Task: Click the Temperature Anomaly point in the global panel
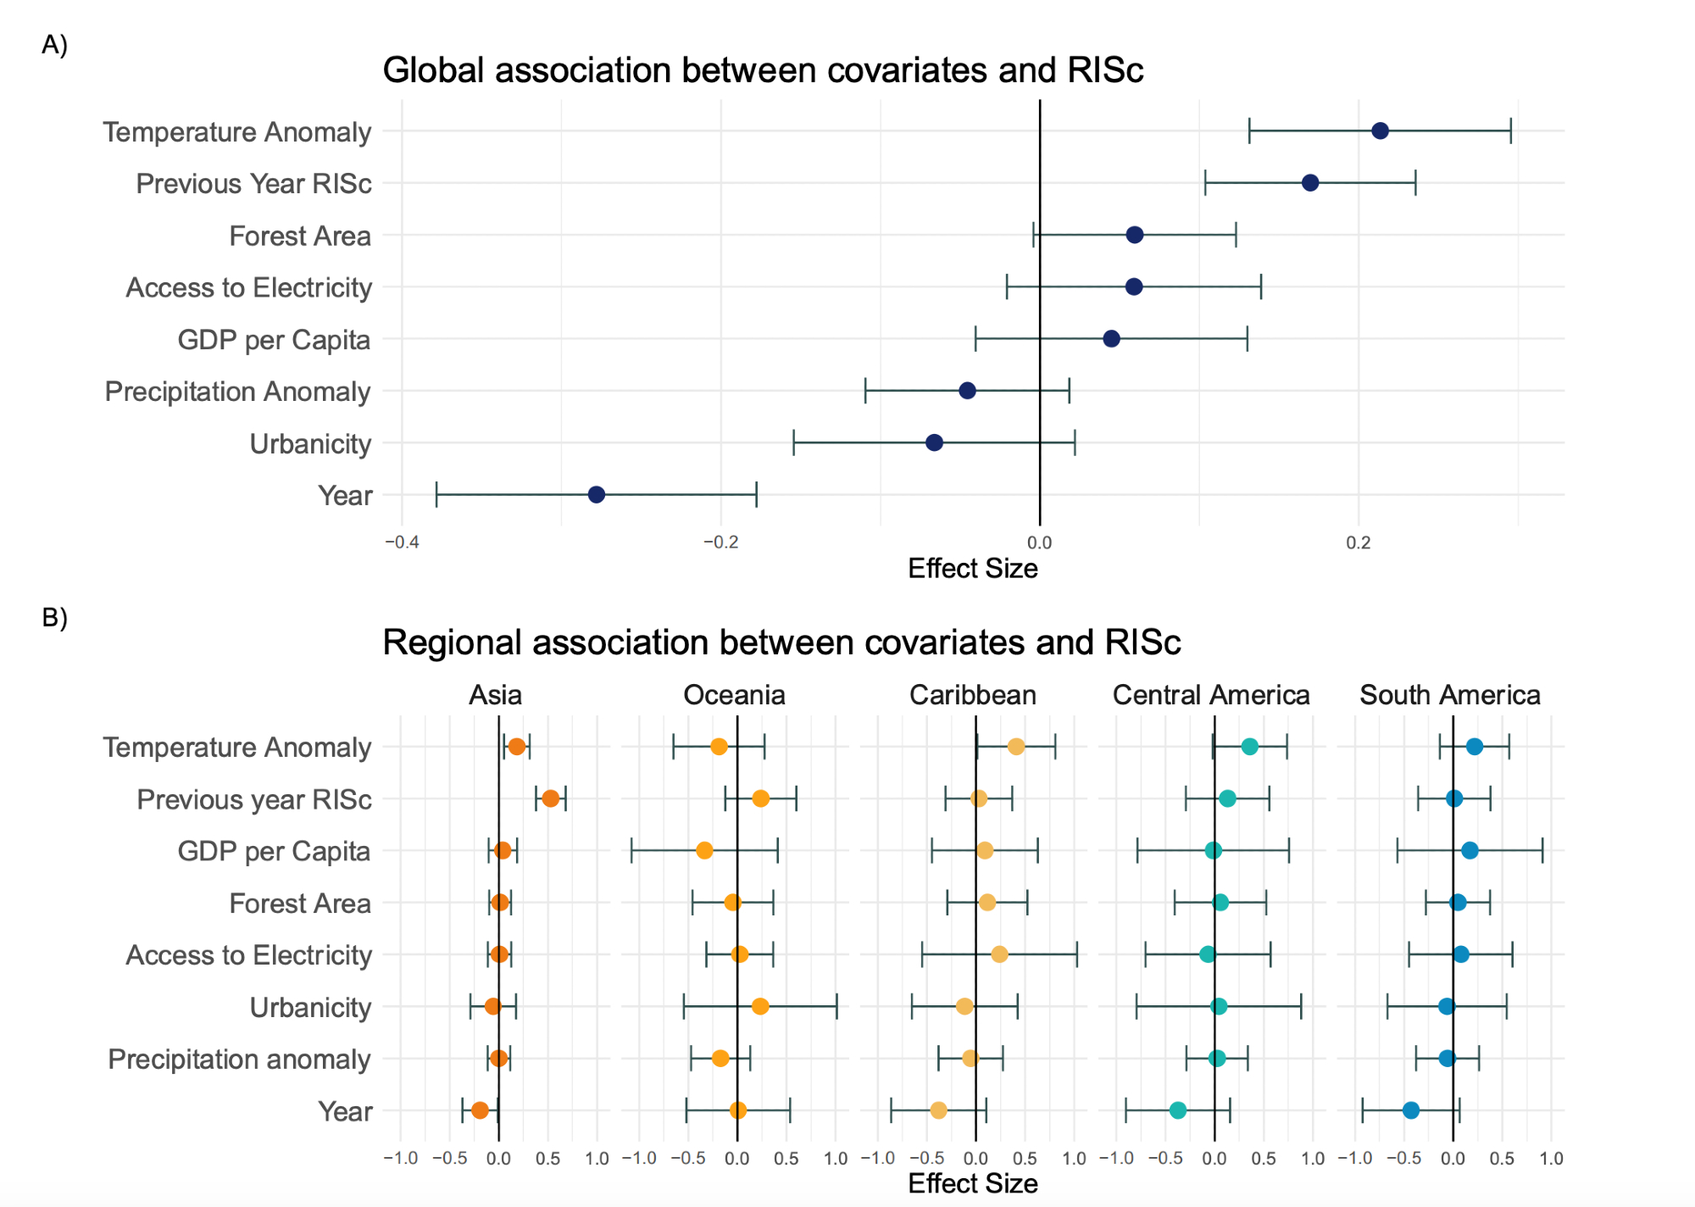click(x=1380, y=131)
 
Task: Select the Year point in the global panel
click(x=597, y=495)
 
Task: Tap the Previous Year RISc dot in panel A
click(x=1310, y=183)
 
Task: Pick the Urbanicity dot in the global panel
click(x=934, y=442)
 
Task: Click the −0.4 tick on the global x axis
click(x=403, y=542)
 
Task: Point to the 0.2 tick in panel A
click(x=1359, y=542)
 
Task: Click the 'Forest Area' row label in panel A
click(x=300, y=236)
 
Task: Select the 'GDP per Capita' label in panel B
click(x=274, y=851)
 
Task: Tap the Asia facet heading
click(x=496, y=695)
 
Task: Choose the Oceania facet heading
click(x=734, y=695)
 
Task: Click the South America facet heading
click(x=1450, y=695)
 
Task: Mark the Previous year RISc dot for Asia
click(x=551, y=798)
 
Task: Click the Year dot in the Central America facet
click(x=1178, y=1110)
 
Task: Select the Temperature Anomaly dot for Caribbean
click(x=1016, y=747)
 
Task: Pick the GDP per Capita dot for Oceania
click(x=704, y=850)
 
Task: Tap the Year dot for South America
click(x=1411, y=1110)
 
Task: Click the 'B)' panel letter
click(x=54, y=617)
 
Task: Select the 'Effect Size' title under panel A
click(x=973, y=568)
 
